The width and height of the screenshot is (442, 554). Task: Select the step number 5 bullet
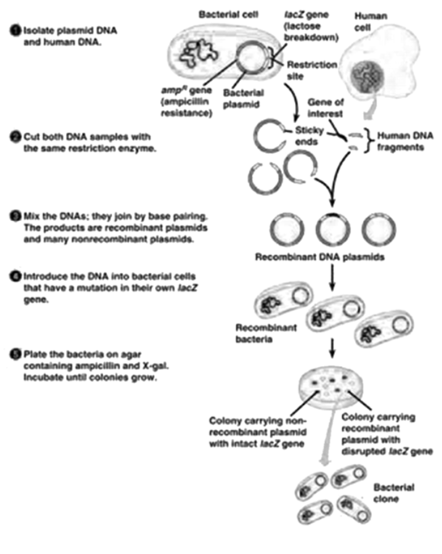[16, 355]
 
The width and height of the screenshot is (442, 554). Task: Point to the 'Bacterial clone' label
[393, 493]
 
